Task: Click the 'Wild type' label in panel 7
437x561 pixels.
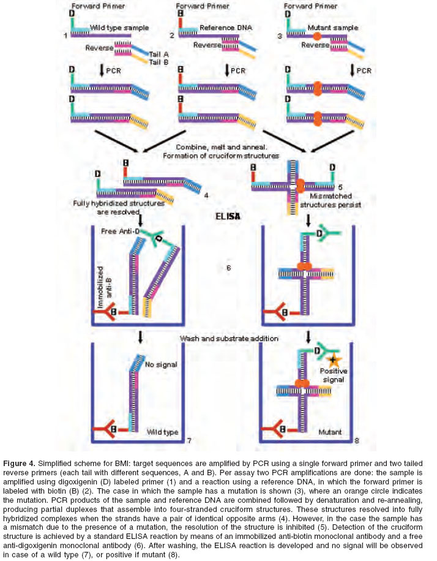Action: (162, 432)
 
